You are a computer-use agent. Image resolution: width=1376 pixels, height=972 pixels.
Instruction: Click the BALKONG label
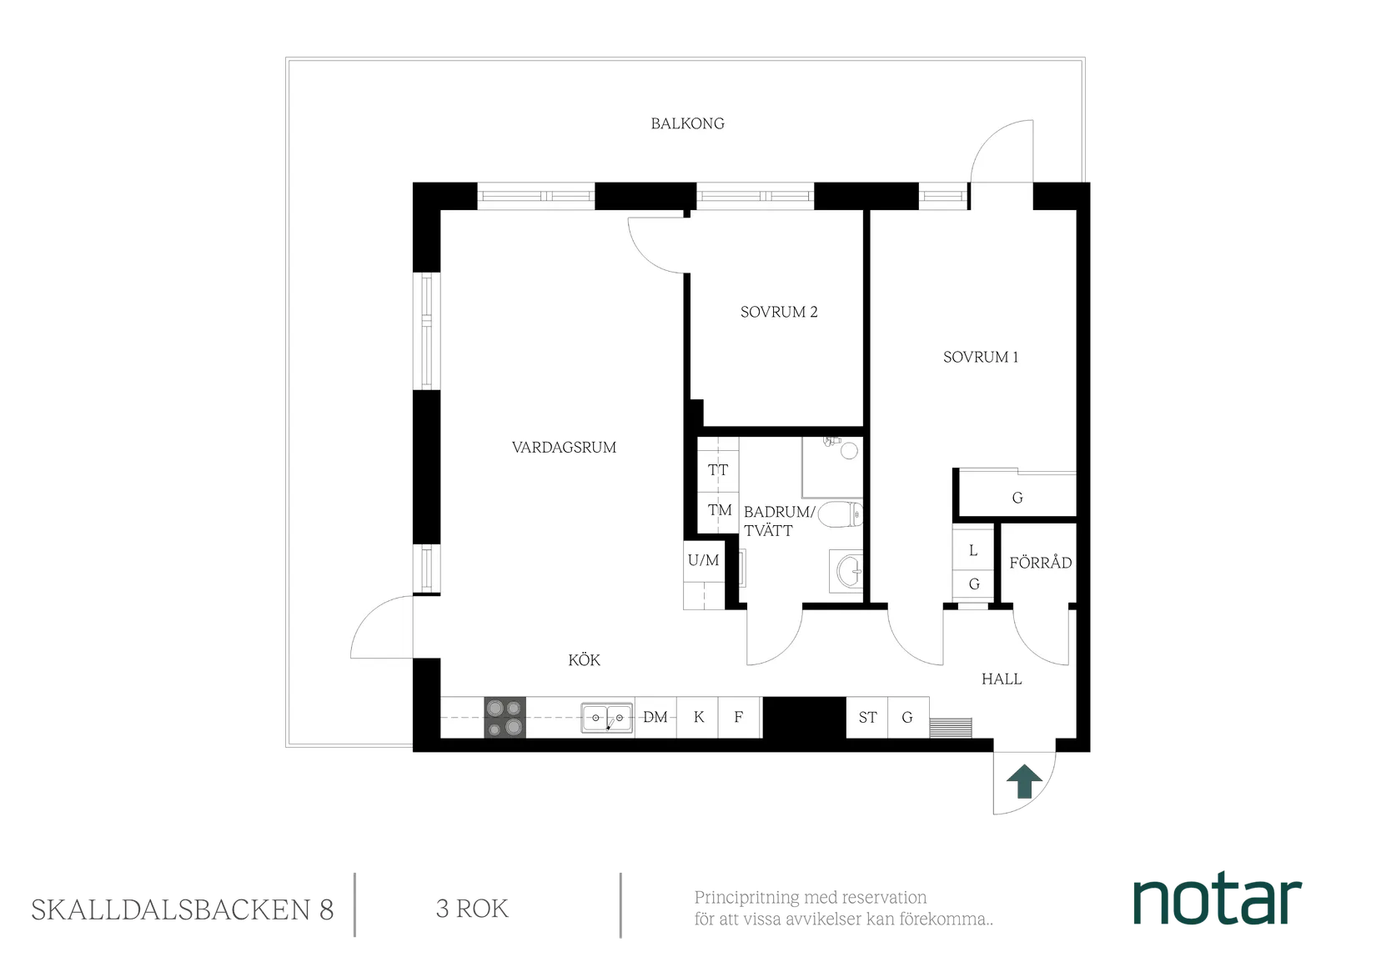(x=687, y=123)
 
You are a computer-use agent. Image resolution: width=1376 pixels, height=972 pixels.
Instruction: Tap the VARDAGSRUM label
(x=564, y=448)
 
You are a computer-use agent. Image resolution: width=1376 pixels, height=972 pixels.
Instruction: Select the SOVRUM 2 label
(x=778, y=312)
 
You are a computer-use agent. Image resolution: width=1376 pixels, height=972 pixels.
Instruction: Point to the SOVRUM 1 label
(x=980, y=357)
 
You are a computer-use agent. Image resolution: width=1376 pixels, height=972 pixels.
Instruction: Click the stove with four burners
(x=505, y=717)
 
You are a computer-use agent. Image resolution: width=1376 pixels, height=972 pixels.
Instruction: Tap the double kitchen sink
(x=608, y=717)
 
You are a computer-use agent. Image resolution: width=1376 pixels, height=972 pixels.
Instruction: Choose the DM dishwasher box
(x=655, y=717)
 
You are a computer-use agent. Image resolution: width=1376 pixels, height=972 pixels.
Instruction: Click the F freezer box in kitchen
(x=739, y=717)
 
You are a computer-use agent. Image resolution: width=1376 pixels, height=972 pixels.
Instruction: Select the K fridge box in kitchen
(x=699, y=717)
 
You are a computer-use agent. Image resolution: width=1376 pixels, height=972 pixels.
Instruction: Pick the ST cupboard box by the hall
(x=867, y=717)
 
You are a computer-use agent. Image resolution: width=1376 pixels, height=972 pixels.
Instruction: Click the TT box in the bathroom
(x=717, y=470)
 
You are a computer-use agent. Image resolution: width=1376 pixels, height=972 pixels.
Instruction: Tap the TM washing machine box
(x=719, y=510)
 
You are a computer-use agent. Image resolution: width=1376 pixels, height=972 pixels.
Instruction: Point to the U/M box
(x=703, y=560)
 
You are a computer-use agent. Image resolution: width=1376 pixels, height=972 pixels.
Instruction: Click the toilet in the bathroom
(x=843, y=516)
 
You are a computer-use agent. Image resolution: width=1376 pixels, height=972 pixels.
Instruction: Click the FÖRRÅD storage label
(x=1040, y=563)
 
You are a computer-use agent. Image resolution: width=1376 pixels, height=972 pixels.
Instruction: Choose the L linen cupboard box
(x=973, y=551)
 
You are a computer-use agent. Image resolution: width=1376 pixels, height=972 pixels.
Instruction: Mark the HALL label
(x=1002, y=679)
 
